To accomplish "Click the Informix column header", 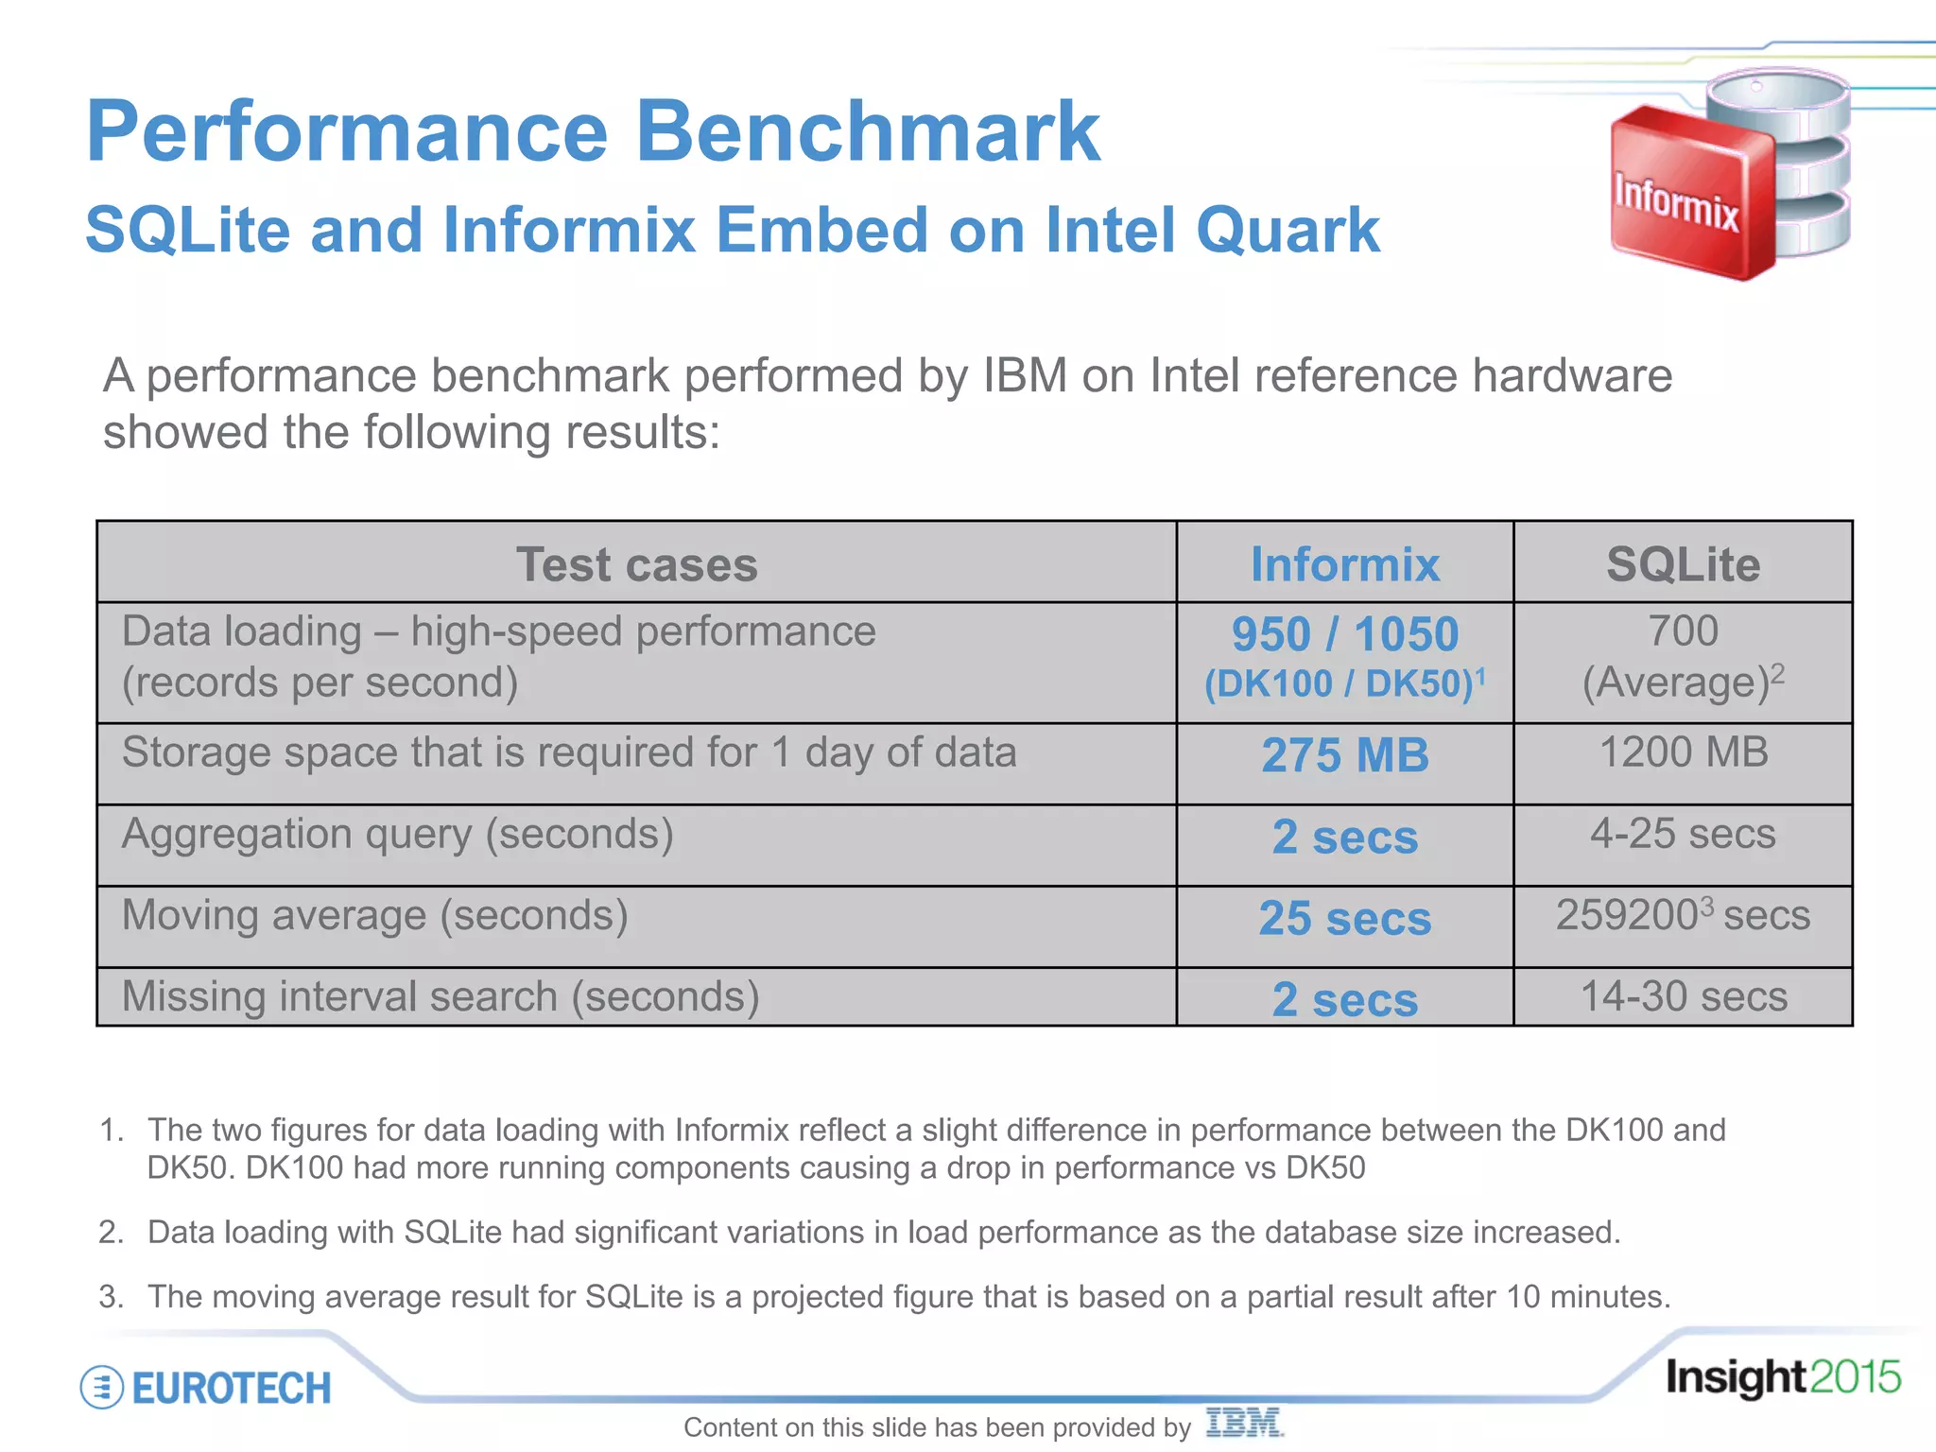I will click(1344, 564).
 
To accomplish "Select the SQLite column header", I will click(1683, 564).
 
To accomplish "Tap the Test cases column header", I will click(636, 564).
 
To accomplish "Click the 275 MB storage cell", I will click(1344, 755).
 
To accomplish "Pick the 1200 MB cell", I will click(1683, 752).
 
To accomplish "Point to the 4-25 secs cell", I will click(1683, 834).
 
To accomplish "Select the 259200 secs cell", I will click(1683, 915).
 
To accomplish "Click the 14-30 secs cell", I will click(1683, 996).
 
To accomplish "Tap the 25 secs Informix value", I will click(1344, 918).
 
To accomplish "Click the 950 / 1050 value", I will click(1344, 634).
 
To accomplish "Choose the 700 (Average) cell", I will click(1683, 657).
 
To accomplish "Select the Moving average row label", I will click(375, 915).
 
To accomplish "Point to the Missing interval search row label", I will click(441, 996).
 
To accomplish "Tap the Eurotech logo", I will click(206, 1388).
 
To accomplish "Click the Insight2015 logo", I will click(1782, 1377).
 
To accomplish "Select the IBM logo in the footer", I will click(1243, 1423).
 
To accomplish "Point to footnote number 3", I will click(111, 1296).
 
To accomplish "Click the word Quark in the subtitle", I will click(1288, 230).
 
